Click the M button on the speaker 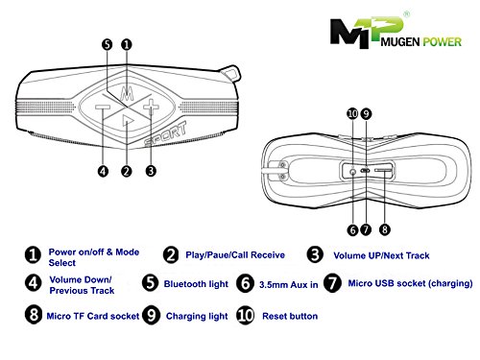point(127,93)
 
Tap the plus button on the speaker point(151,107)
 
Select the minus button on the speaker point(103,108)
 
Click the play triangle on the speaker point(128,121)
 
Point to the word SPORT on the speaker point(165,133)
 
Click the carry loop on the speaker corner point(230,73)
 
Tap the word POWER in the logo point(442,41)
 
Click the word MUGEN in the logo point(400,41)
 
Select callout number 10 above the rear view point(352,113)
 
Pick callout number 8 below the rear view point(385,229)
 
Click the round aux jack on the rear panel point(352,172)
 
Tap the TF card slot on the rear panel point(383,171)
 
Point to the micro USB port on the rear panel point(365,170)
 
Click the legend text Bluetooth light point(196,284)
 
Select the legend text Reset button point(290,316)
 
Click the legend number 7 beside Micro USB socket point(332,283)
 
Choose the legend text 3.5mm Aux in point(288,284)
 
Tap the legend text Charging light point(197,316)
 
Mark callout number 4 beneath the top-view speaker point(103,171)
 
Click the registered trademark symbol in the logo point(406,14)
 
